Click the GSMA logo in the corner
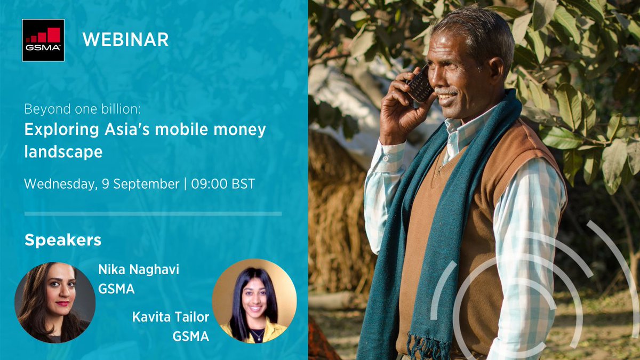point(43,40)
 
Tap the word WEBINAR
point(125,39)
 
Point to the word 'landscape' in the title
point(63,151)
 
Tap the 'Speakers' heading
point(63,240)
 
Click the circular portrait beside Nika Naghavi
point(55,302)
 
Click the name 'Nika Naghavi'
point(139,270)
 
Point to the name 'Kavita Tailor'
point(171,318)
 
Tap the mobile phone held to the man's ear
point(420,84)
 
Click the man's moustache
point(447,91)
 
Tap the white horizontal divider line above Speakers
point(153,214)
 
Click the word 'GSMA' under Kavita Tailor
point(190,337)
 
